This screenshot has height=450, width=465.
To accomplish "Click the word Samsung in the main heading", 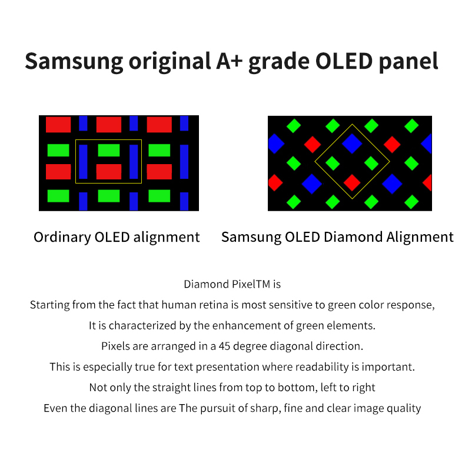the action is [74, 62].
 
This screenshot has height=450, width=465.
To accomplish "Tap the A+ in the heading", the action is [229, 61].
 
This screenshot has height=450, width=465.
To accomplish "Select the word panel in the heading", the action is [408, 61].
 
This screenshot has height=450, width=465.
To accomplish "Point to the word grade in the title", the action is [279, 62].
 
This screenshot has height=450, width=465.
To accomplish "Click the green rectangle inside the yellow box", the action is [109, 151].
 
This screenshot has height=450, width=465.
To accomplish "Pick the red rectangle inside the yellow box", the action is [109, 172].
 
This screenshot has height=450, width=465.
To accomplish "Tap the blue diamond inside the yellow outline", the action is [352, 144].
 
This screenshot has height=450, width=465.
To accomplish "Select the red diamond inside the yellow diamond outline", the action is [352, 182].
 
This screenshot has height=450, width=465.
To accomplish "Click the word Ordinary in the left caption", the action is [62, 238].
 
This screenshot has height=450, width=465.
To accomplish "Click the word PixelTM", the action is [251, 284].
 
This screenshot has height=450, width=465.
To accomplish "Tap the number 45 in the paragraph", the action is [224, 346].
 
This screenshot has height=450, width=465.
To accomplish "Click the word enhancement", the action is [247, 325].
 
